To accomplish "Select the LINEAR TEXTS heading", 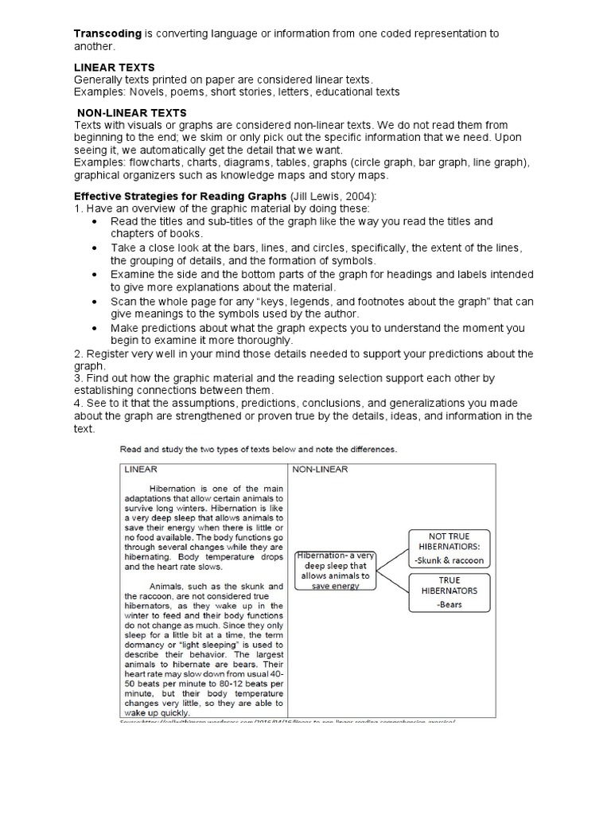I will (x=114, y=68).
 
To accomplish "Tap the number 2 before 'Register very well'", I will (x=77, y=353).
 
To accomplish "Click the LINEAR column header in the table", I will (x=140, y=470).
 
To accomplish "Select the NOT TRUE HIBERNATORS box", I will (x=448, y=548).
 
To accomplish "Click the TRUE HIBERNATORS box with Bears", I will (x=448, y=593).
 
